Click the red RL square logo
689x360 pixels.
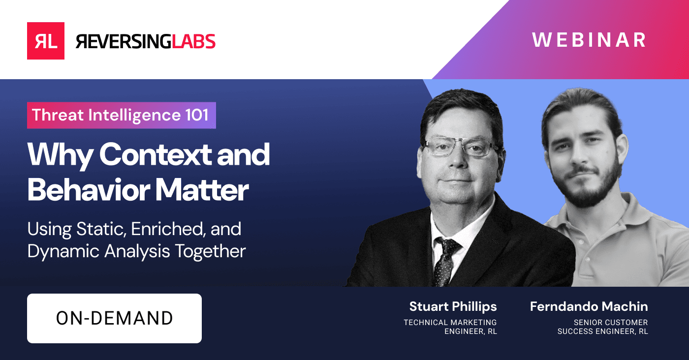coord(45,41)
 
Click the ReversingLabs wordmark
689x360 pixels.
coord(146,41)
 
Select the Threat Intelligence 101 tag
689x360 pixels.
coord(121,115)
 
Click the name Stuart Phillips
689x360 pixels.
coord(453,307)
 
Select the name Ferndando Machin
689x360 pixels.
coord(589,307)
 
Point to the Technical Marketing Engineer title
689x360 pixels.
coord(450,327)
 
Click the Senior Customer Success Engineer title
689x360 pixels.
coord(602,327)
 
